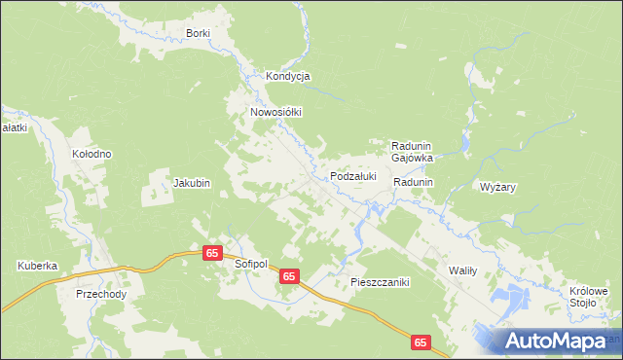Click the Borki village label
(199, 34)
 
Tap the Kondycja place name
(287, 76)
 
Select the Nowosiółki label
(276, 112)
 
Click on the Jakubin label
(192, 182)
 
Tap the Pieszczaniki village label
(381, 282)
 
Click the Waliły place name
(461, 270)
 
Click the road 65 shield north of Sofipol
(213, 252)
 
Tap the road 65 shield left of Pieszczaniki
(289, 277)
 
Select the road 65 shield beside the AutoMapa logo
(421, 342)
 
